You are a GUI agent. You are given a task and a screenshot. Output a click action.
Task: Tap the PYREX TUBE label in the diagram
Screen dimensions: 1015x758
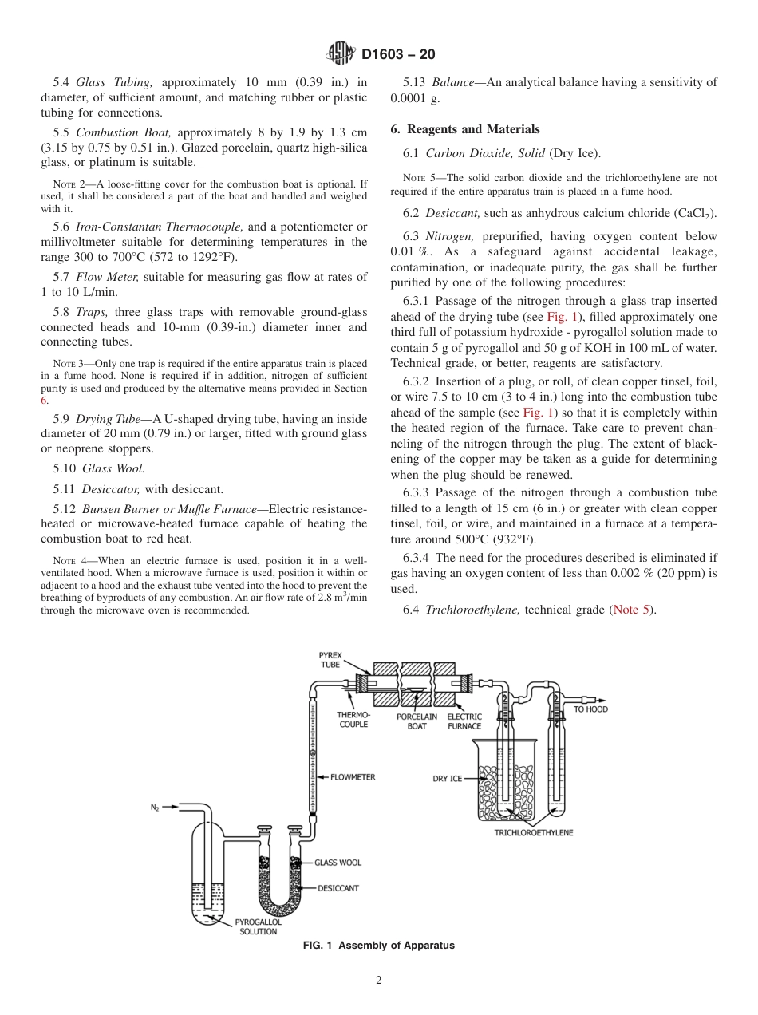pos(330,659)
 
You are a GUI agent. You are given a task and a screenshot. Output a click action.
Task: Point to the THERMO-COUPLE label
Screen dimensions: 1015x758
pos(353,720)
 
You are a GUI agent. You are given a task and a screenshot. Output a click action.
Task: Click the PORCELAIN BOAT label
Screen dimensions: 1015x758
pos(417,721)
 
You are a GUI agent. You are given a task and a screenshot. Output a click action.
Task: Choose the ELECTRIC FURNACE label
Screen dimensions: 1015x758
pos(464,721)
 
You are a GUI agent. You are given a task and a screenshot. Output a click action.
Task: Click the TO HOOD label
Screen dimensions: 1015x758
pos(590,709)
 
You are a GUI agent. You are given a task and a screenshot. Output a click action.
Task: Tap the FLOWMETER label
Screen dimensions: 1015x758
pos(353,776)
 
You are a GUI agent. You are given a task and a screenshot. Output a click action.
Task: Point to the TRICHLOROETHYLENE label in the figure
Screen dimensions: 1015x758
pos(533,832)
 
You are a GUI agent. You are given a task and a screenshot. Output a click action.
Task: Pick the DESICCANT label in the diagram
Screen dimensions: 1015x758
pos(338,887)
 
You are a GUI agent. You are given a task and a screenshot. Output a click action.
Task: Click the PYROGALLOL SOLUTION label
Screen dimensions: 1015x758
pos(258,926)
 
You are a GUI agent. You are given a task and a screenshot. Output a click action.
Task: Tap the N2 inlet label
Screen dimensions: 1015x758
pos(155,808)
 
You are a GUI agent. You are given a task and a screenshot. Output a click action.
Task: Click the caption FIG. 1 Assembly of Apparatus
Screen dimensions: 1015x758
pos(379,946)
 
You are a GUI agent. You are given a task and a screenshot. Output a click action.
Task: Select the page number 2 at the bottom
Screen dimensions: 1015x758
pos(379,981)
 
